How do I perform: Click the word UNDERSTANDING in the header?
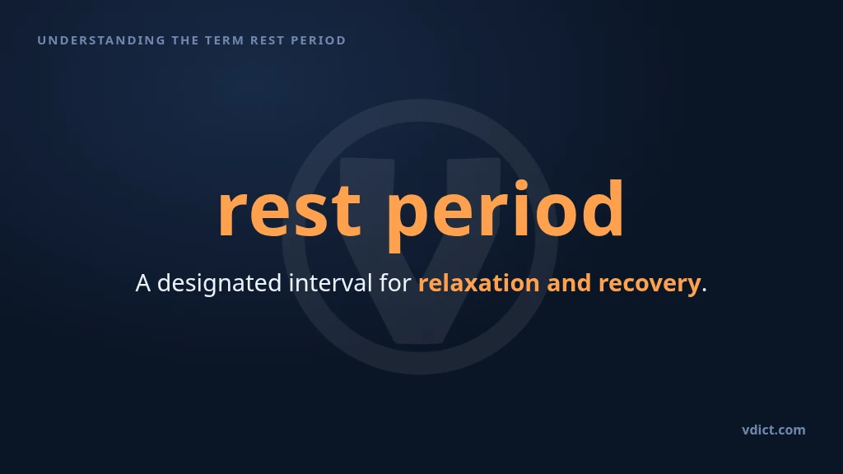pos(101,40)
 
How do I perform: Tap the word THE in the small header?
pos(185,40)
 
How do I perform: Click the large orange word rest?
pos(289,211)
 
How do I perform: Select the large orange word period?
pos(505,215)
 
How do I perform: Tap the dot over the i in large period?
pos(521,187)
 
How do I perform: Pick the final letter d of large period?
pos(601,208)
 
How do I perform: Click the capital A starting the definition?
pos(143,283)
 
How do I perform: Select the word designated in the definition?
pos(219,284)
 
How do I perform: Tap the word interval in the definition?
pos(331,283)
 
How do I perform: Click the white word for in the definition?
pos(395,283)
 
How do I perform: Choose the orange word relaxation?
pos(479,283)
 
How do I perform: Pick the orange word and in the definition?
pos(569,283)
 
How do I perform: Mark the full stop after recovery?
pos(705,290)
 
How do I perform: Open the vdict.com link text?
pos(774,430)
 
